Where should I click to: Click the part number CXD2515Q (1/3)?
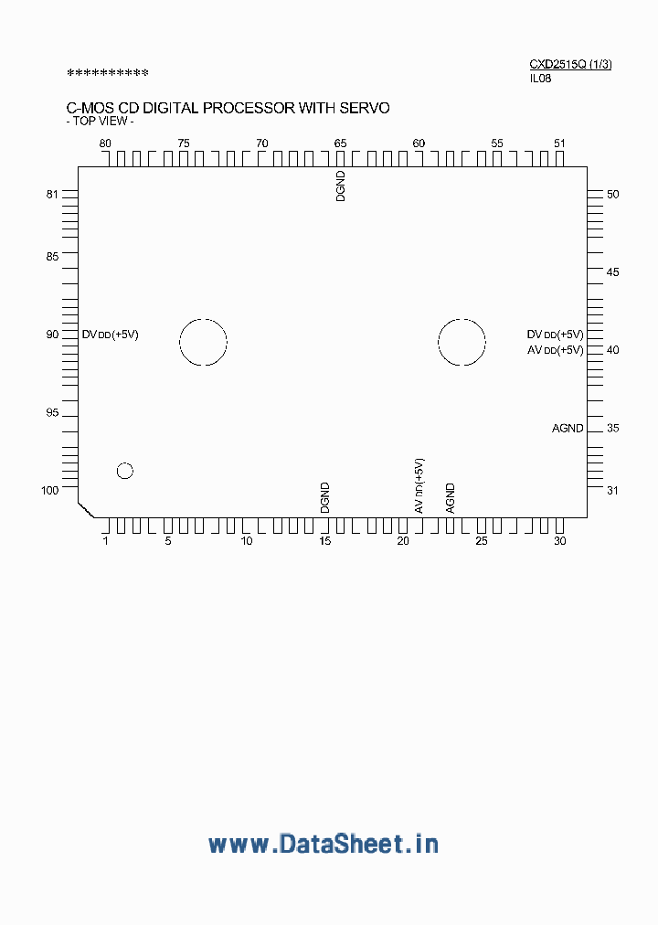[570, 64]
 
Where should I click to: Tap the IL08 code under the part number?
[541, 79]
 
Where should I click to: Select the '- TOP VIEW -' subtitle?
[101, 122]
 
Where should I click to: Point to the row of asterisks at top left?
[108, 73]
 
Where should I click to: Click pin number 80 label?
[105, 144]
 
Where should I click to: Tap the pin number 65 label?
[340, 144]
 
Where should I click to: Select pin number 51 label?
[559, 144]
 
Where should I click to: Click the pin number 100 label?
[50, 490]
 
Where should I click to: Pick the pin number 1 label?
[105, 541]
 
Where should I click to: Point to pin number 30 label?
[559, 541]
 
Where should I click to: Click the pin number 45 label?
[613, 272]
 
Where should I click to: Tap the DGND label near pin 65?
[341, 186]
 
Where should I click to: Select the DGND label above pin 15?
[324, 497]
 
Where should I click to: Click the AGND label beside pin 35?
[568, 429]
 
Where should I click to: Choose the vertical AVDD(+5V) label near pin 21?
[419, 485]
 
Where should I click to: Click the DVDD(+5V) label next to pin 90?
[111, 335]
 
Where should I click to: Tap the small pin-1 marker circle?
[125, 471]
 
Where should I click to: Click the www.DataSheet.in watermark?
[324, 844]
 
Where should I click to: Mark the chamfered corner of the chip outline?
[85, 509]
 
